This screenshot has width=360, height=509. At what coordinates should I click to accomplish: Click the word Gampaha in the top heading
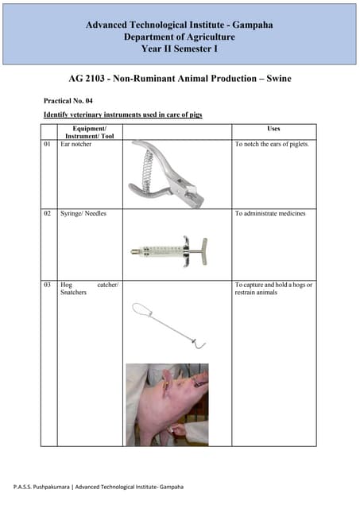tap(247, 25)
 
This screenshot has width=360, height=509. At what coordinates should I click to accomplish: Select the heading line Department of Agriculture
tap(180, 37)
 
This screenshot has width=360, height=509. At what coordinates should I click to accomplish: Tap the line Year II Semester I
tap(180, 50)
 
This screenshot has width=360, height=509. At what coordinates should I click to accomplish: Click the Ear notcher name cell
tap(76, 146)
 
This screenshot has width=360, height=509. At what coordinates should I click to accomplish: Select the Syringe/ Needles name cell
tap(83, 214)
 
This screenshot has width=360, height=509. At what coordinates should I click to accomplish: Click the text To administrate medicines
tap(270, 214)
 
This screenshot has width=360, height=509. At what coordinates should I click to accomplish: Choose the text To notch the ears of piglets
tap(272, 146)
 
